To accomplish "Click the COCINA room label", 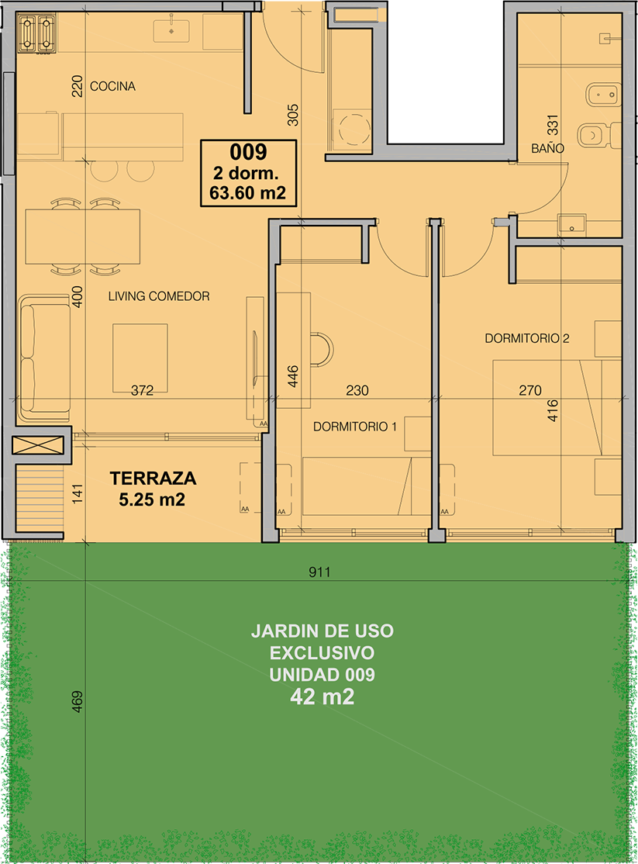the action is (x=112, y=86).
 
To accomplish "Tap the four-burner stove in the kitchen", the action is (x=37, y=33).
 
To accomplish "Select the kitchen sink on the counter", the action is (x=171, y=30).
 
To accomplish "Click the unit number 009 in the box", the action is (x=249, y=151).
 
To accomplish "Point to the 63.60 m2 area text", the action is (x=248, y=193).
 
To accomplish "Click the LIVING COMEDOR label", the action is (x=159, y=296).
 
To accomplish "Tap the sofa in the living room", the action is (x=45, y=359).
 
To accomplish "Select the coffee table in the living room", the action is (x=140, y=358).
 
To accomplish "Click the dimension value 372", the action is (x=142, y=390).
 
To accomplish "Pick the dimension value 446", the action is (x=293, y=376).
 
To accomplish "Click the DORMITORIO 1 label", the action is (x=355, y=427).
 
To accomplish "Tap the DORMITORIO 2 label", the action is (x=526, y=338).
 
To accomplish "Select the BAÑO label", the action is (x=547, y=148).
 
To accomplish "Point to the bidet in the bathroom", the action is (x=604, y=95).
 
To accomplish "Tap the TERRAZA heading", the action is (x=153, y=479).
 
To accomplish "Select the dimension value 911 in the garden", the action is (x=319, y=572).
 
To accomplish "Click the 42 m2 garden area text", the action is (x=322, y=697).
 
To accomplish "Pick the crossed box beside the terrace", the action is (x=38, y=445).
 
